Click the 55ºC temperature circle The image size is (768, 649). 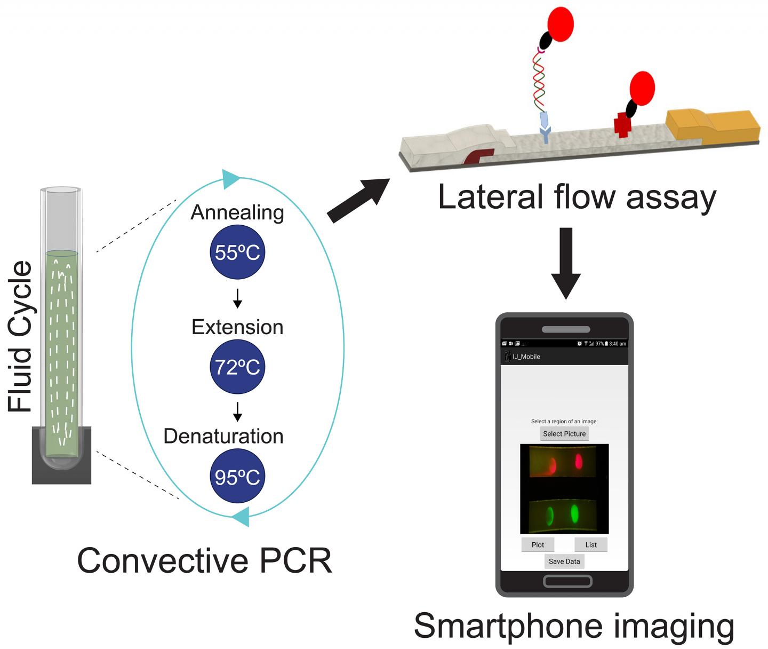pos(237,252)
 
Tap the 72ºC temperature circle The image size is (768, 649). pos(237,367)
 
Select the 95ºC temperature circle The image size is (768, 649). pos(237,477)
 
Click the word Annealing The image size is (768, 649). pos(237,213)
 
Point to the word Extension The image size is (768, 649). pos(237,327)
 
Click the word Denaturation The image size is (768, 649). pos(223,436)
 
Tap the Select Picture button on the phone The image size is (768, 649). pos(564,434)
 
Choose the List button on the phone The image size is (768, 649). pos(591,545)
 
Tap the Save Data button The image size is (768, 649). pos(564,561)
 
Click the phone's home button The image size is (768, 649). pos(567,581)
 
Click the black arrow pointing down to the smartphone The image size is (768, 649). pos(566,262)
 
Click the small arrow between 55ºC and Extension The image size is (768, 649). pos(238,298)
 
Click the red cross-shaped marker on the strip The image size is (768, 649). pos(622,125)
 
